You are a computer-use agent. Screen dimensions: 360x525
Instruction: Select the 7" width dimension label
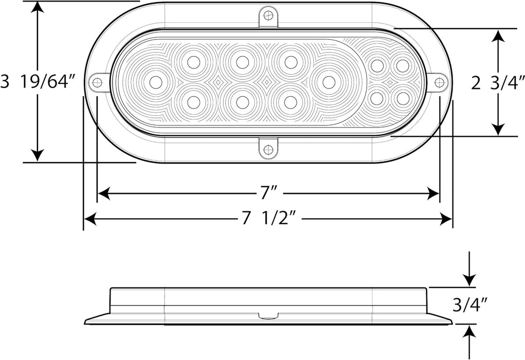coord(267,193)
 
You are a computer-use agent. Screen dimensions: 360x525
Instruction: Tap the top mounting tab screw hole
coord(267,15)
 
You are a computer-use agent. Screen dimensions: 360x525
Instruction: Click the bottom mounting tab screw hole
coord(267,150)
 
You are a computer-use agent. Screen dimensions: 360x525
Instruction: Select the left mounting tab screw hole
coord(96,82)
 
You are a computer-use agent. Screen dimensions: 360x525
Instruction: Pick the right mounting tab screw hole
coord(439,82)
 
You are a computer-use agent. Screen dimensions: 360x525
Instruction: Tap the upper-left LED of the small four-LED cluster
coord(377,66)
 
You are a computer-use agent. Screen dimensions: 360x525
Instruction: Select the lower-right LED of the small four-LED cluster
coord(402,97)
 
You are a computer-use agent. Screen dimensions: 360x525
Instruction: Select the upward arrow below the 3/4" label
coord(469,332)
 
